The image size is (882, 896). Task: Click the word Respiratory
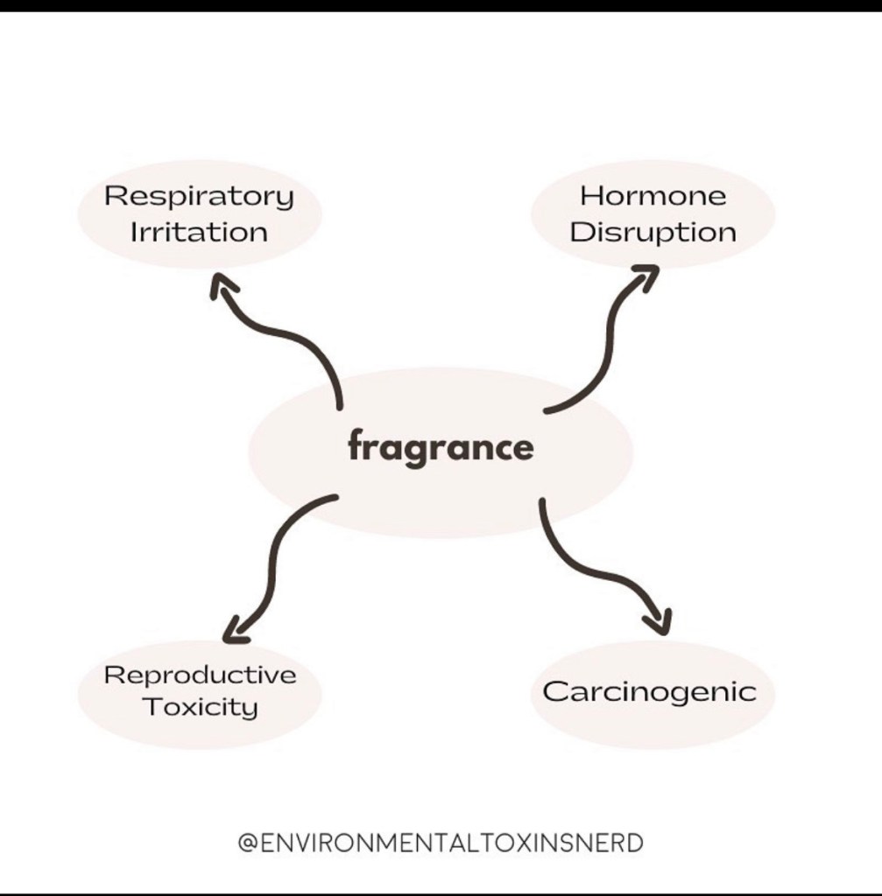click(x=199, y=197)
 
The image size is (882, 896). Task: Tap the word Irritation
click(x=199, y=233)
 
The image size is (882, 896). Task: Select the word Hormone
click(x=653, y=196)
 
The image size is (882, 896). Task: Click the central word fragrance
click(x=441, y=448)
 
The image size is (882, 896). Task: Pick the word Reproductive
click(x=200, y=675)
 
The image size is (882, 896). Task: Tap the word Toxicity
click(x=200, y=707)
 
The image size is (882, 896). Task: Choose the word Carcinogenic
click(x=649, y=691)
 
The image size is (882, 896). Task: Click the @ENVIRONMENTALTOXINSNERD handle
click(x=441, y=843)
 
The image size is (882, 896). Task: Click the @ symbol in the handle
click(x=247, y=843)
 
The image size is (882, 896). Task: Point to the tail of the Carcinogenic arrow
click(x=542, y=502)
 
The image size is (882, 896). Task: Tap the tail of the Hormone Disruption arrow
click(x=547, y=409)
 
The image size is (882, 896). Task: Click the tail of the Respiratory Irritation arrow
click(x=339, y=406)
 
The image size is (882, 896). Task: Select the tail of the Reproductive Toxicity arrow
click(x=335, y=497)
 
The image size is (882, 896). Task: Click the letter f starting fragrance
click(x=356, y=447)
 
